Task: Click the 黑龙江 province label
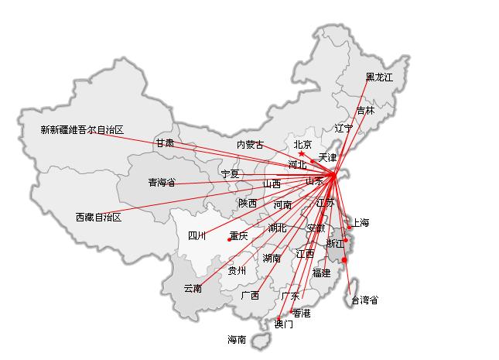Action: (379, 77)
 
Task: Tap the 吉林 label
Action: (365, 111)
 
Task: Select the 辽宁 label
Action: (343, 128)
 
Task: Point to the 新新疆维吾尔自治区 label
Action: (82, 130)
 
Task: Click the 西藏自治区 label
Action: (98, 218)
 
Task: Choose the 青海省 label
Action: (162, 183)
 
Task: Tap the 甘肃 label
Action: (164, 143)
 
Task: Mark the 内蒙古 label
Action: (250, 145)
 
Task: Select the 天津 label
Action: (327, 158)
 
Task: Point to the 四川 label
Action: (197, 236)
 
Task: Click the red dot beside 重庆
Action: (229, 240)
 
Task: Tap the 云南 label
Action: (193, 289)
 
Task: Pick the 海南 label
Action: (237, 340)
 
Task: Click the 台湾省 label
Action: (364, 300)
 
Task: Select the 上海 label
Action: (361, 223)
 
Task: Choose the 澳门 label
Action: (284, 324)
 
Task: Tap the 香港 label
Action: (301, 313)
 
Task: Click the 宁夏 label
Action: (230, 174)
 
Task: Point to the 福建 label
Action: (321, 273)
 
